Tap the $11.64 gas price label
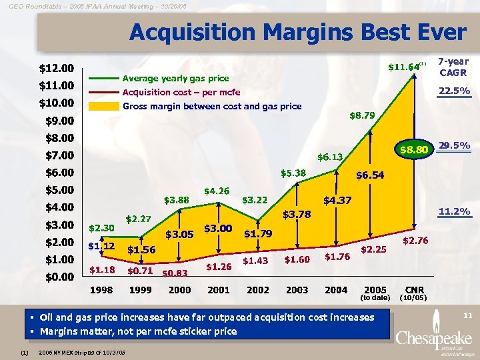click(404, 67)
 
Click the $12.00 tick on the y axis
click(57, 68)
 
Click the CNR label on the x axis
click(415, 290)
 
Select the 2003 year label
click(297, 290)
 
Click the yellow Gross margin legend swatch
click(103, 107)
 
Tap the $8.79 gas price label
click(362, 115)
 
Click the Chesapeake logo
click(431, 337)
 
